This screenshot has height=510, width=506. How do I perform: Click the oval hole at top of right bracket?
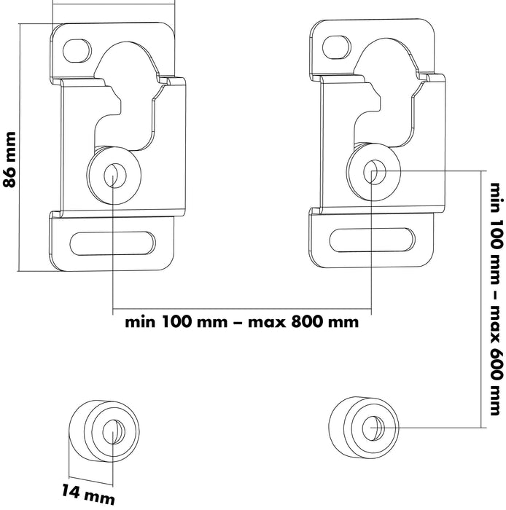338,45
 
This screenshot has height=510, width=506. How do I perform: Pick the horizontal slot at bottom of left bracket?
117,242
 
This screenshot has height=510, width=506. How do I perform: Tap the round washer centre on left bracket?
114,173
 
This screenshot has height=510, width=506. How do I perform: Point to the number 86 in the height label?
10,179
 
